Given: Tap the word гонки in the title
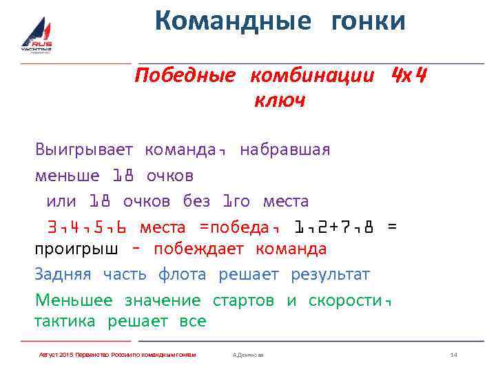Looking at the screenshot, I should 369,21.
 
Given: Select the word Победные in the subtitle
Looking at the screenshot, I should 185,75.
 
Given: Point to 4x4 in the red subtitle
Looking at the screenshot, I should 409,74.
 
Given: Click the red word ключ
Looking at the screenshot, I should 280,101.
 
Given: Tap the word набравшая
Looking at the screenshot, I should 285,149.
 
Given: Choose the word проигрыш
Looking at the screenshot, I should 76,249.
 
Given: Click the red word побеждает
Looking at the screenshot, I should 198,249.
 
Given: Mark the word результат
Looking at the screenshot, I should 330,274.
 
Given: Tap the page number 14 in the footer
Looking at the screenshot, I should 453,354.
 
